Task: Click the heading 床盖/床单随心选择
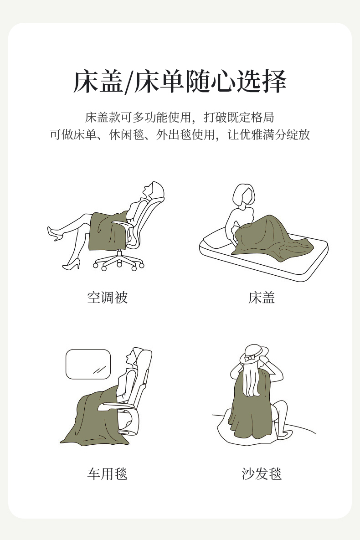pos(180,82)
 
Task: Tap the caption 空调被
pos(108,298)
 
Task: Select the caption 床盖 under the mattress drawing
pos(262,298)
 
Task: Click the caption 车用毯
pos(108,474)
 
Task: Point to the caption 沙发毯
pos(262,474)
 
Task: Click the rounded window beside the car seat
pos(88,365)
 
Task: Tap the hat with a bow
pos(254,354)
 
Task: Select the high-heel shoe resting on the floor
pos(71,264)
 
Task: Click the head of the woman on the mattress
pos(244,195)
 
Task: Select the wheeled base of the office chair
pos(118,261)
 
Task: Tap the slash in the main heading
pos(128,82)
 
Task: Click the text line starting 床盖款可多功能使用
pos(180,117)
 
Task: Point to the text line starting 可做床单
pos(180,134)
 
